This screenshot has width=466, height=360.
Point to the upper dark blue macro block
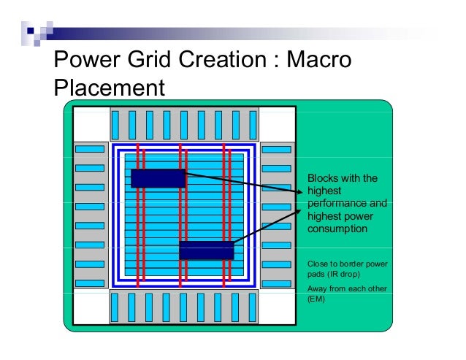click(158, 177)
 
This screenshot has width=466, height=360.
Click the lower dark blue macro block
click(206, 250)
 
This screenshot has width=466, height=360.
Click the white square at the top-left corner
click(91, 123)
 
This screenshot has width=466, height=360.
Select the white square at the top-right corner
click(277, 123)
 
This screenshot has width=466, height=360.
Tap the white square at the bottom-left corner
click(91, 307)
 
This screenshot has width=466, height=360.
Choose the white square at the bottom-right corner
click(277, 307)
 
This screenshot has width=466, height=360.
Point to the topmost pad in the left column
click(90, 150)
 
